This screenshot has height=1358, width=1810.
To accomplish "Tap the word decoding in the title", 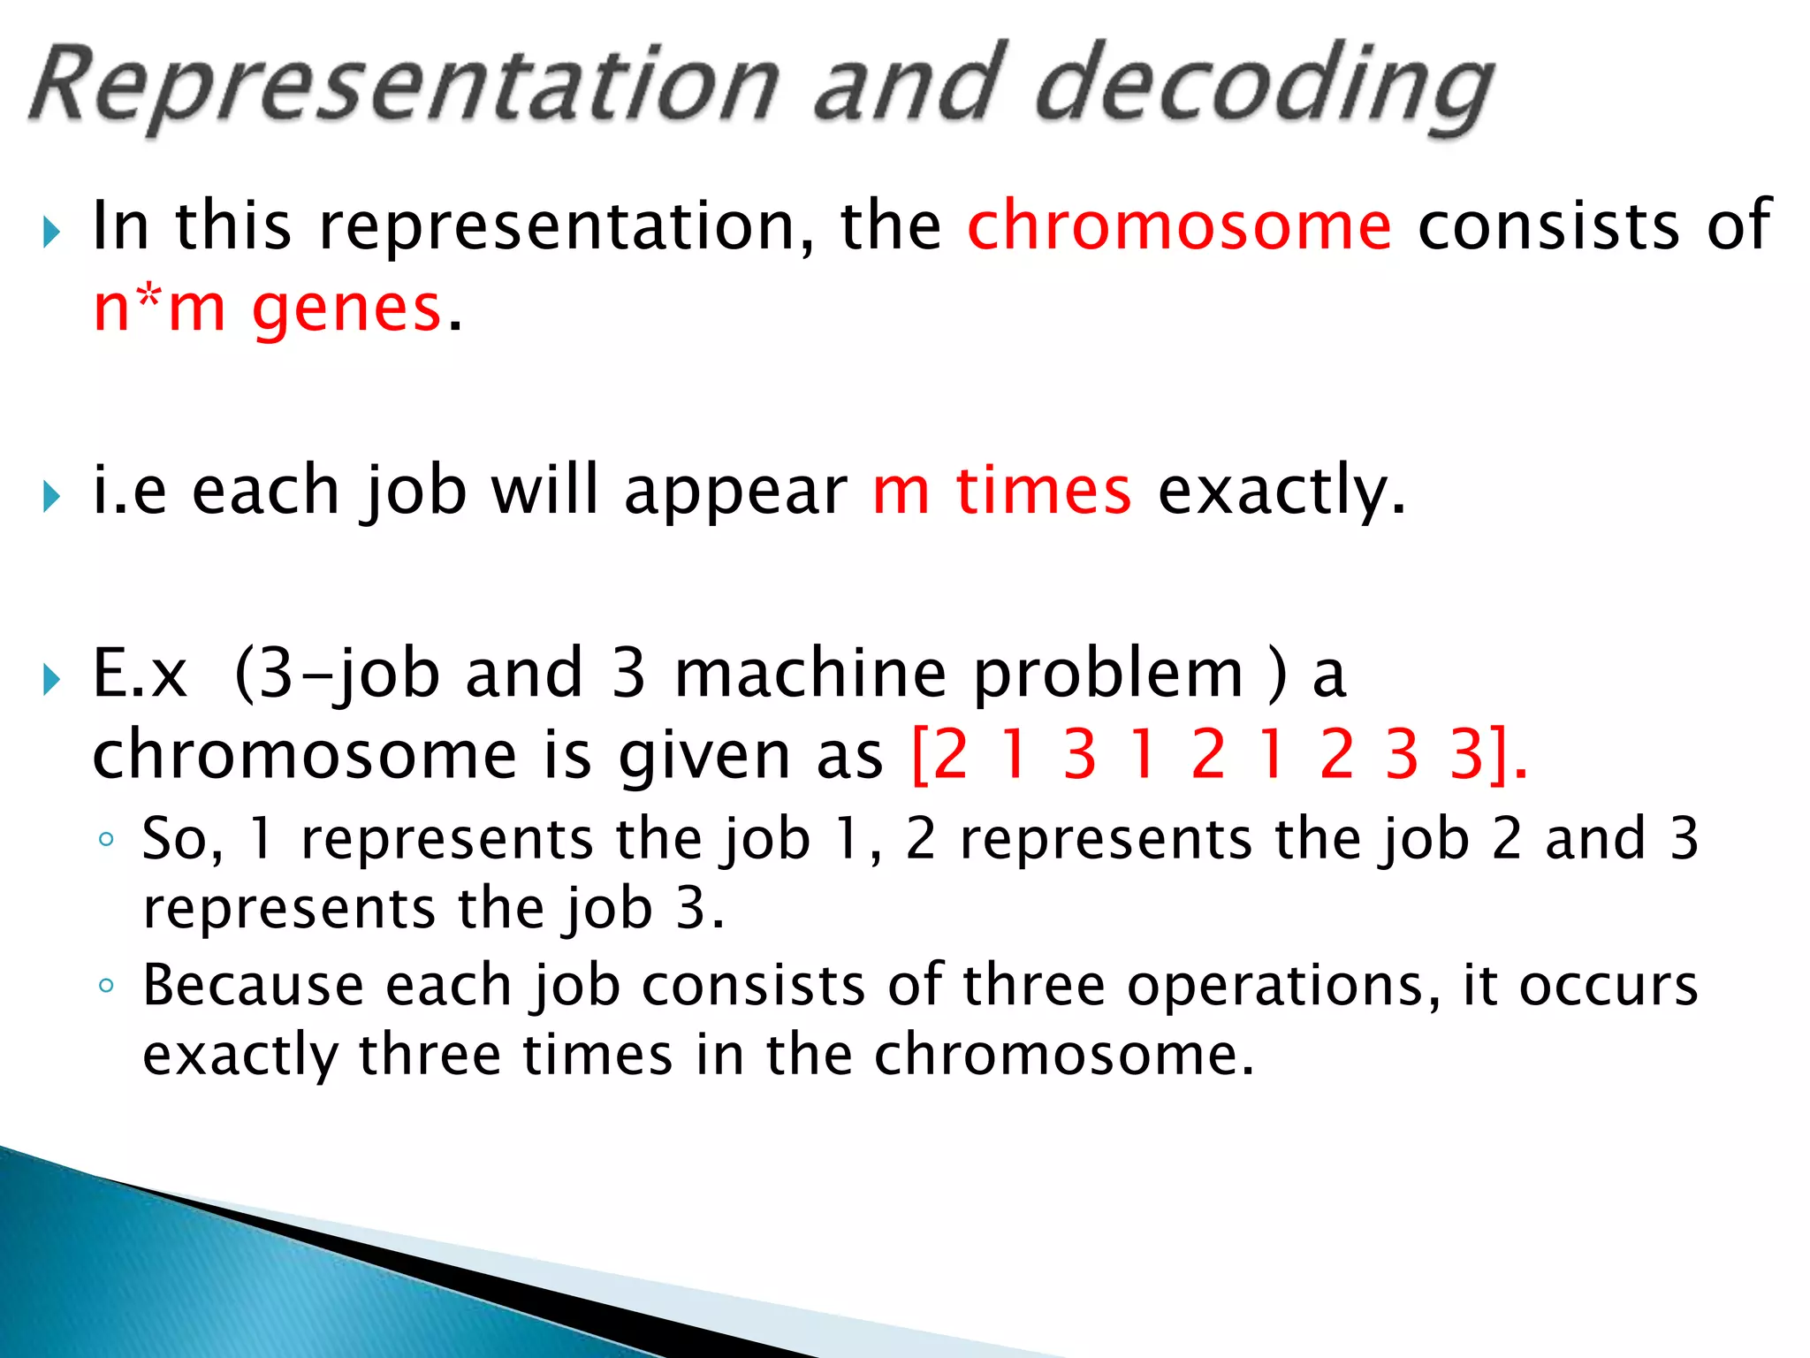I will (1264, 88).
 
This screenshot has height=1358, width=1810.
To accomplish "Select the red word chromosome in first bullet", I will (1179, 226).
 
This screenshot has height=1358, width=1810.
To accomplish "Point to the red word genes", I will (346, 310).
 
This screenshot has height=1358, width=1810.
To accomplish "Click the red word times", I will (1043, 491).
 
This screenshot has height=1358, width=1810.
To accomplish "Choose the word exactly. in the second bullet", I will (1281, 491).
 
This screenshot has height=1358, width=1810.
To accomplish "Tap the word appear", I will (735, 492).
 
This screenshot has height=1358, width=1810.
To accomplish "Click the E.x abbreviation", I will (140, 675).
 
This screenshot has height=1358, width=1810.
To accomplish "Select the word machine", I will (810, 675).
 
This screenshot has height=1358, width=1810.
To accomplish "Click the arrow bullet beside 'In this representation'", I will (51, 233).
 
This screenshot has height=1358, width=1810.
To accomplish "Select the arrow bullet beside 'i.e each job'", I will (51, 497).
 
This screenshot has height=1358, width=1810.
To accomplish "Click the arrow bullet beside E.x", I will (51, 681).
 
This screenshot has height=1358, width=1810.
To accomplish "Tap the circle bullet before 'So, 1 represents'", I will (106, 840).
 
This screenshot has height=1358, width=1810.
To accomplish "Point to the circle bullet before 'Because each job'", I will (106, 986).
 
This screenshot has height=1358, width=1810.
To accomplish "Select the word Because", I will (254, 986).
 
